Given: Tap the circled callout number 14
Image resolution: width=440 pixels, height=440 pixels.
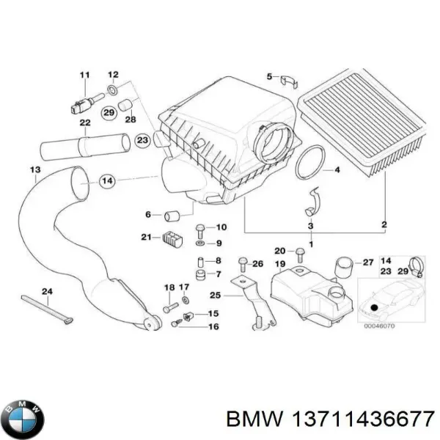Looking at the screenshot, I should coord(106,180).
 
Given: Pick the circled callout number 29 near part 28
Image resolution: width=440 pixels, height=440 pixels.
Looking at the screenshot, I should coord(109,111).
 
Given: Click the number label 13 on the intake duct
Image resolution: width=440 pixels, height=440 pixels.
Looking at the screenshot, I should coord(34,171).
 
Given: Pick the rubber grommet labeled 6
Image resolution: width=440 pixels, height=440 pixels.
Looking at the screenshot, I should coord(173,215).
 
